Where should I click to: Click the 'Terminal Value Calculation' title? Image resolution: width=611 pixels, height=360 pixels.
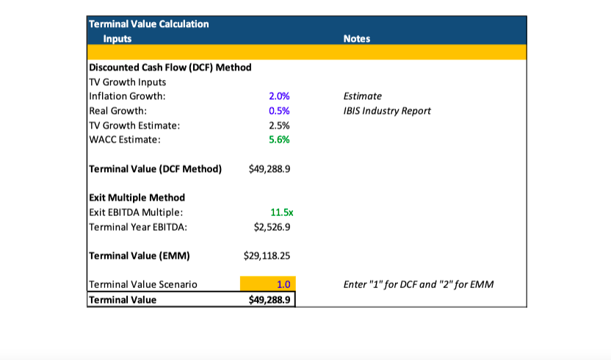(148, 24)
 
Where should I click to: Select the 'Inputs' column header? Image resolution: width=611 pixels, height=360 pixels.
(117, 38)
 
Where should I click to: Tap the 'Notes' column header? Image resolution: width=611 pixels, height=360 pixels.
(357, 38)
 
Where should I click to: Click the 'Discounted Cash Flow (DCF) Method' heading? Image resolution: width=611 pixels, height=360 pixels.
(170, 68)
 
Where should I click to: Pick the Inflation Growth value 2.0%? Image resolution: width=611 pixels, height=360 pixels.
(280, 96)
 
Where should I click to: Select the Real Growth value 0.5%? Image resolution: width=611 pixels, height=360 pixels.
(280, 111)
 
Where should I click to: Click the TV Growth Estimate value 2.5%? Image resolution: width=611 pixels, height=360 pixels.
(280, 126)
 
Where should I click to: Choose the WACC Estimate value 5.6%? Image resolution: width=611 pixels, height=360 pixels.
(280, 140)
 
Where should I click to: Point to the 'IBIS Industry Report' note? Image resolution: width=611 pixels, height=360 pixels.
(387, 111)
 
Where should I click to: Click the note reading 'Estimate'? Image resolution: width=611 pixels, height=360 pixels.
(363, 96)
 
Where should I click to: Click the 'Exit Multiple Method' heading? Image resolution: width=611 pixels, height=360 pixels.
(137, 198)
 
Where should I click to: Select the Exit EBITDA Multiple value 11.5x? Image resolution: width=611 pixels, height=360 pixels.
(282, 212)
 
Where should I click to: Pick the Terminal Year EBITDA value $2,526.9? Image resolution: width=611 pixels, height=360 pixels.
(272, 227)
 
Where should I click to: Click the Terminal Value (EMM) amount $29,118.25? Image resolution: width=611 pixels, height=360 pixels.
(268, 256)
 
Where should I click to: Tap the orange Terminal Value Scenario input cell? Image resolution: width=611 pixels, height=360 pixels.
(267, 284)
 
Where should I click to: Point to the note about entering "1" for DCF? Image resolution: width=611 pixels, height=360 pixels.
(419, 284)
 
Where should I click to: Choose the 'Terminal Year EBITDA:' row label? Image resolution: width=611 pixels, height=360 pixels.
(137, 227)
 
